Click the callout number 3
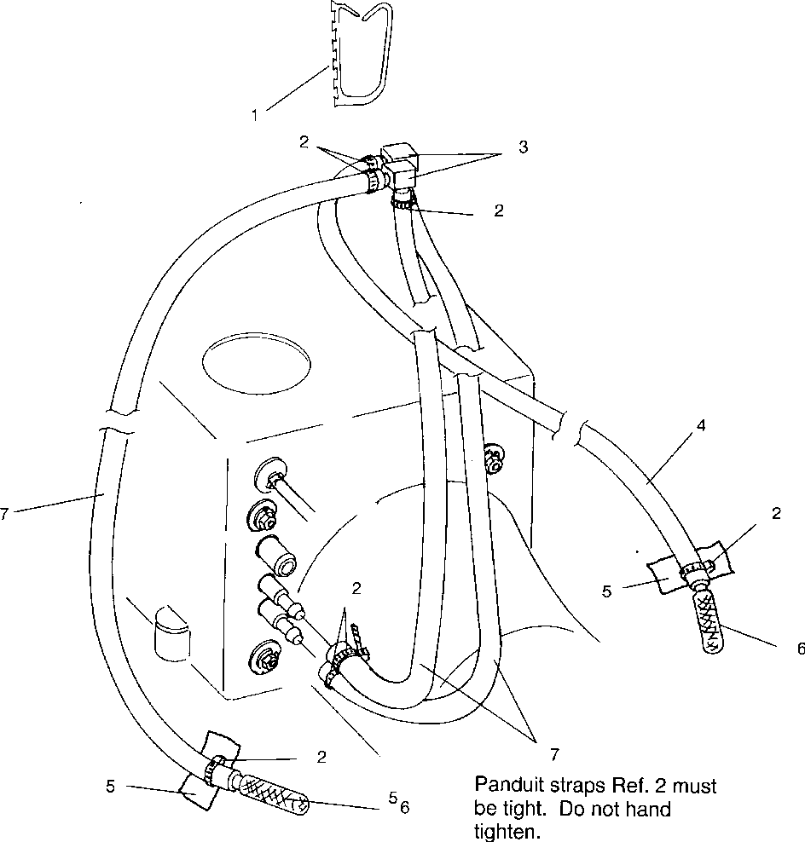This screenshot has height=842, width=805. [x=523, y=147]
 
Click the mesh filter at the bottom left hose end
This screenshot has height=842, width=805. [x=272, y=793]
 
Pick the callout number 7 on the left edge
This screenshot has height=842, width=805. [x=5, y=514]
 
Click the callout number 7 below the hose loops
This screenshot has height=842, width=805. [x=554, y=753]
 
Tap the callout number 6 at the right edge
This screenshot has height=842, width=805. [x=800, y=649]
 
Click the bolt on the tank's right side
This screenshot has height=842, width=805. [x=492, y=458]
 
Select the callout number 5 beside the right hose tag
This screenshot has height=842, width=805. [x=607, y=591]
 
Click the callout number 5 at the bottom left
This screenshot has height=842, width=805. [x=111, y=787]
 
